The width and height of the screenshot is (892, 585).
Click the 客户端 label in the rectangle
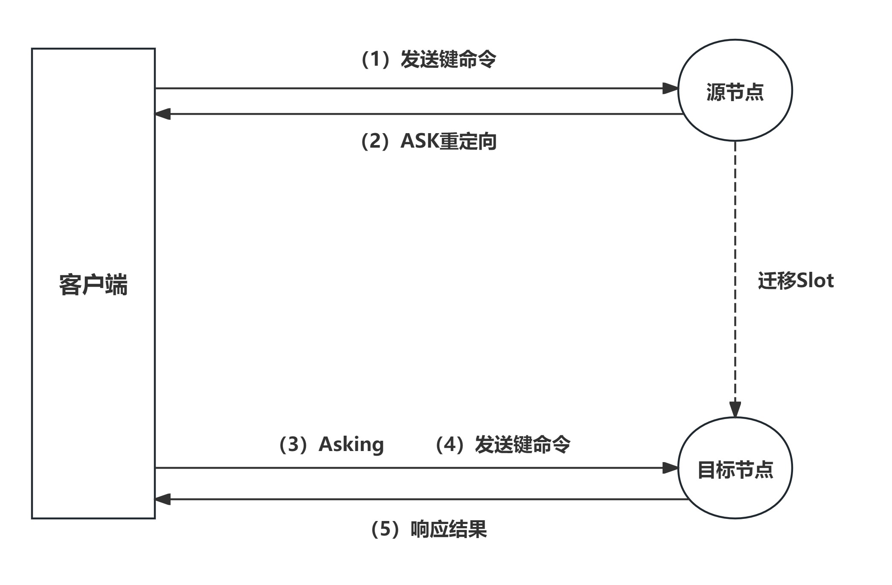[x=93, y=285]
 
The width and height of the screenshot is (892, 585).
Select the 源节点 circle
[x=735, y=90]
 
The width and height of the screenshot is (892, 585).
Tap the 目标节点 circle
[x=735, y=468]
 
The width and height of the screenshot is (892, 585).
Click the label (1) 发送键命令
[x=428, y=59]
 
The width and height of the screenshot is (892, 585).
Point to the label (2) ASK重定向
[x=428, y=141]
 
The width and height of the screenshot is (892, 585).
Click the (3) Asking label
[x=331, y=444]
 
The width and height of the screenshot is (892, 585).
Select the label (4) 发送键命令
[x=503, y=444]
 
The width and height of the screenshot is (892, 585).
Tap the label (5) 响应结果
[x=428, y=529]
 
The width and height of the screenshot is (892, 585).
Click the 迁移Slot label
[x=796, y=281]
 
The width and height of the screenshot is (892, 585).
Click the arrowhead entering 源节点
[x=670, y=89]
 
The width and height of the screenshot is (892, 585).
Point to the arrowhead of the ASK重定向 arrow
[x=163, y=114]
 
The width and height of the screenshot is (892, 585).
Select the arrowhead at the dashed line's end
[x=735, y=409]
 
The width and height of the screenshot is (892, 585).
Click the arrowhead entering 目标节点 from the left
[x=670, y=468]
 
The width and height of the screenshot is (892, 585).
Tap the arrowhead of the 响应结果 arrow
[x=163, y=499]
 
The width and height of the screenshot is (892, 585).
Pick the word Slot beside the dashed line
[x=815, y=281]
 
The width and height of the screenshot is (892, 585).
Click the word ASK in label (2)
[x=420, y=141]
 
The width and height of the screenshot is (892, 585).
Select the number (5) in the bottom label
[x=385, y=529]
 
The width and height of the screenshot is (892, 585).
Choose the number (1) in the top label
[x=375, y=59]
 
